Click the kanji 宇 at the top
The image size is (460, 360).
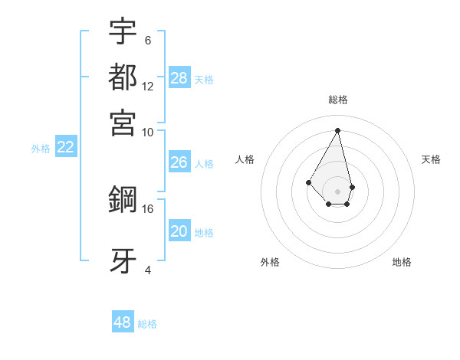click(x=123, y=31)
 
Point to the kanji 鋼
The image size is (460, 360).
click(x=123, y=201)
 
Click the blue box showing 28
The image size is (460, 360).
click(x=179, y=78)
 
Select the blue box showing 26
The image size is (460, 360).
click(x=179, y=162)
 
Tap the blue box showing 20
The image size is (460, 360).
click(x=179, y=231)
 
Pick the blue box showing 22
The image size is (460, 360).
click(x=65, y=148)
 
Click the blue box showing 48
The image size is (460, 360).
click(x=123, y=322)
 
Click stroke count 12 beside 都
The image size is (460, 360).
click(x=148, y=86)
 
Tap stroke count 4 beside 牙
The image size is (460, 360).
click(x=148, y=269)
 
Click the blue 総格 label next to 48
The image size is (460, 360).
click(x=147, y=324)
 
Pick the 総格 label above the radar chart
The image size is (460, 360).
click(x=338, y=100)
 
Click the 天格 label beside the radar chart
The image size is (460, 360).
click(x=432, y=159)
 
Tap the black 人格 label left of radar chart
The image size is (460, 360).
click(x=245, y=159)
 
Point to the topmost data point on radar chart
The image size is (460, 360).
click(x=338, y=129)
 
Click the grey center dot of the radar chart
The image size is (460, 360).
click(x=338, y=191)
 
